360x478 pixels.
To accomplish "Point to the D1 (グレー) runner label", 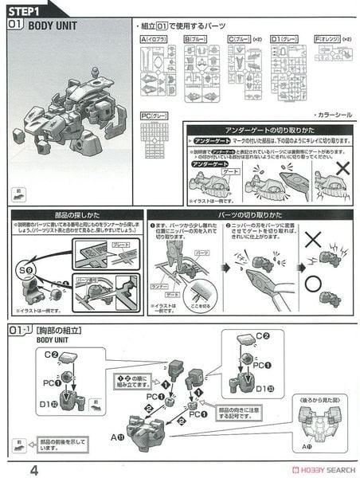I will [x=286, y=37].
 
